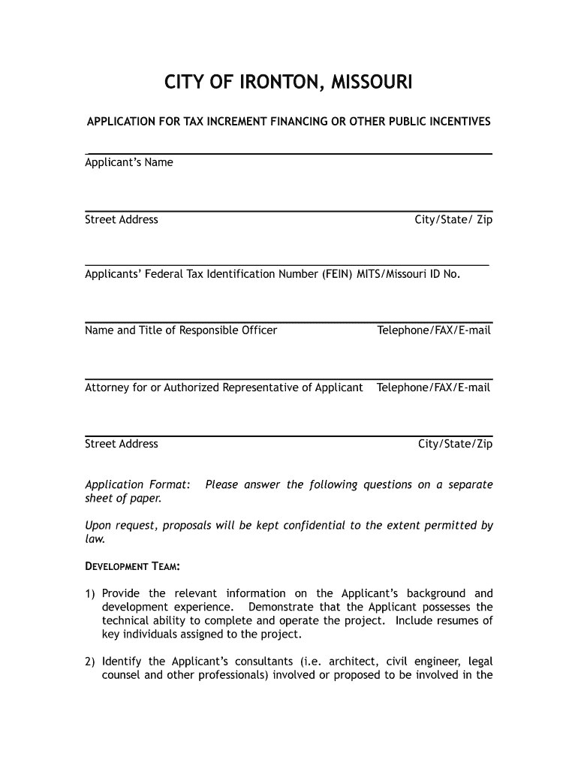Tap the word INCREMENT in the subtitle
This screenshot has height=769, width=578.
pos(253,122)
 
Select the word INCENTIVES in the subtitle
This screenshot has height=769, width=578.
pos(457,122)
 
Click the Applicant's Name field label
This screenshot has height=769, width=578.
pos(129,163)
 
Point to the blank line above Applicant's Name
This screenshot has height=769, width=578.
pos(288,153)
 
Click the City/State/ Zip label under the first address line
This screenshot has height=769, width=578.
pos(453,220)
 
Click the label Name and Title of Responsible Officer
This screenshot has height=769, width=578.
pos(181,330)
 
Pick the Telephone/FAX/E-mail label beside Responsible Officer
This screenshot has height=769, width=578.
pos(434,330)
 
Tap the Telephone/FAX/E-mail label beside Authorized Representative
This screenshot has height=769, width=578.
pos(434,388)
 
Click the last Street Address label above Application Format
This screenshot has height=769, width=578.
pos(122,444)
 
